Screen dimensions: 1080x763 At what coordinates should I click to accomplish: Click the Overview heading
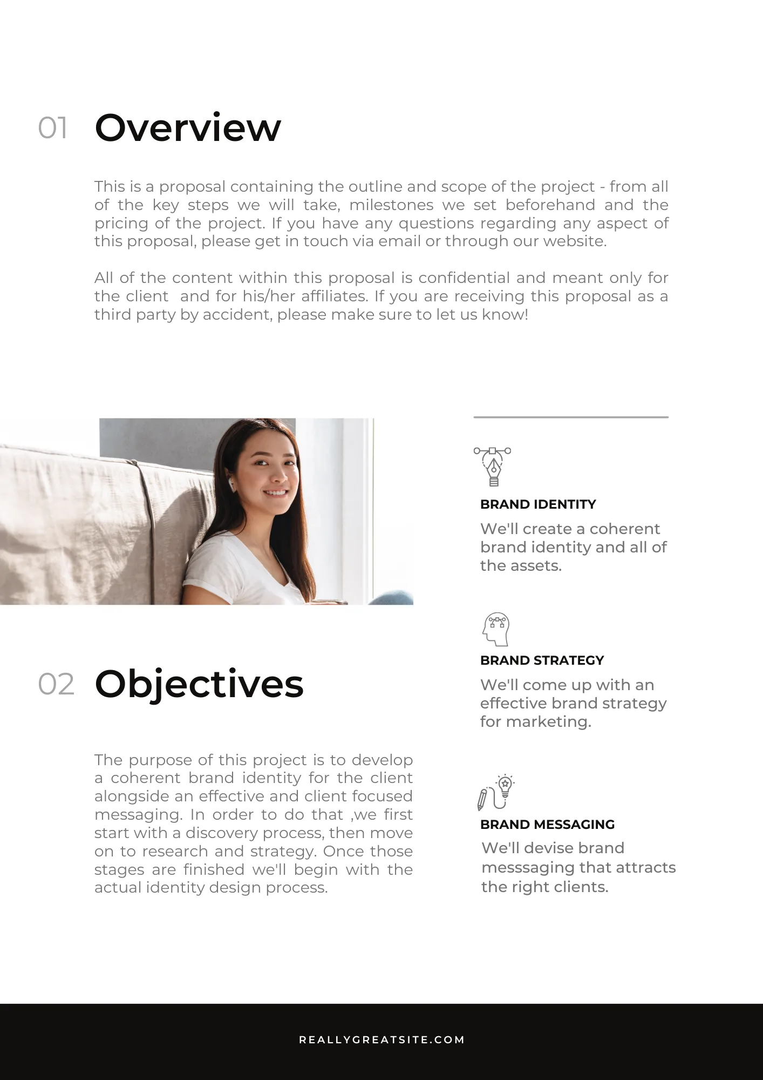188,128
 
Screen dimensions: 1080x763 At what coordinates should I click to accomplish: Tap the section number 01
53,129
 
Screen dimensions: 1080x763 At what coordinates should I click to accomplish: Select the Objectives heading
199,684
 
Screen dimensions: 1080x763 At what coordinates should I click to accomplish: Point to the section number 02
56,684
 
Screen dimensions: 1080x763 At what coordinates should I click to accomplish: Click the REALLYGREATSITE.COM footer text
381,1039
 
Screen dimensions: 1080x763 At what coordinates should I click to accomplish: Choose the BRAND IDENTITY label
538,504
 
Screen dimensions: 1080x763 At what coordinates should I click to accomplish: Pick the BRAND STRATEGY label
542,660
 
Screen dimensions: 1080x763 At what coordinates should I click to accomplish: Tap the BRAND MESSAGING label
547,825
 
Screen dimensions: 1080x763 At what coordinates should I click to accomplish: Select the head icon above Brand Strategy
496,629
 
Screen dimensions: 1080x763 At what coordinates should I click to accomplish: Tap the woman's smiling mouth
275,492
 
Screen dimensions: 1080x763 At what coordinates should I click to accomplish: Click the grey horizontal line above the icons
571,417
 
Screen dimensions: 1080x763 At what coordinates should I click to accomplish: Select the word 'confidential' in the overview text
465,278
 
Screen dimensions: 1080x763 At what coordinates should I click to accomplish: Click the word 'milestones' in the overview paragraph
391,205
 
